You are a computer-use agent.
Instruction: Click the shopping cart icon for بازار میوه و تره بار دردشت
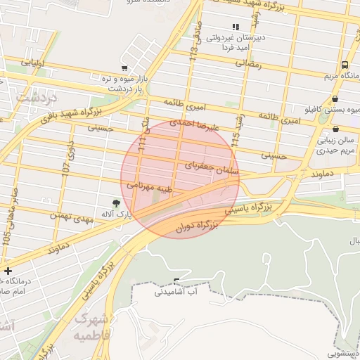tap(124, 68)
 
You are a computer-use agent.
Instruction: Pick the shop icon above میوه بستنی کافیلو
tap(335, 99)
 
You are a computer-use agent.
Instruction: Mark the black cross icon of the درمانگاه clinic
tap(8, 271)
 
